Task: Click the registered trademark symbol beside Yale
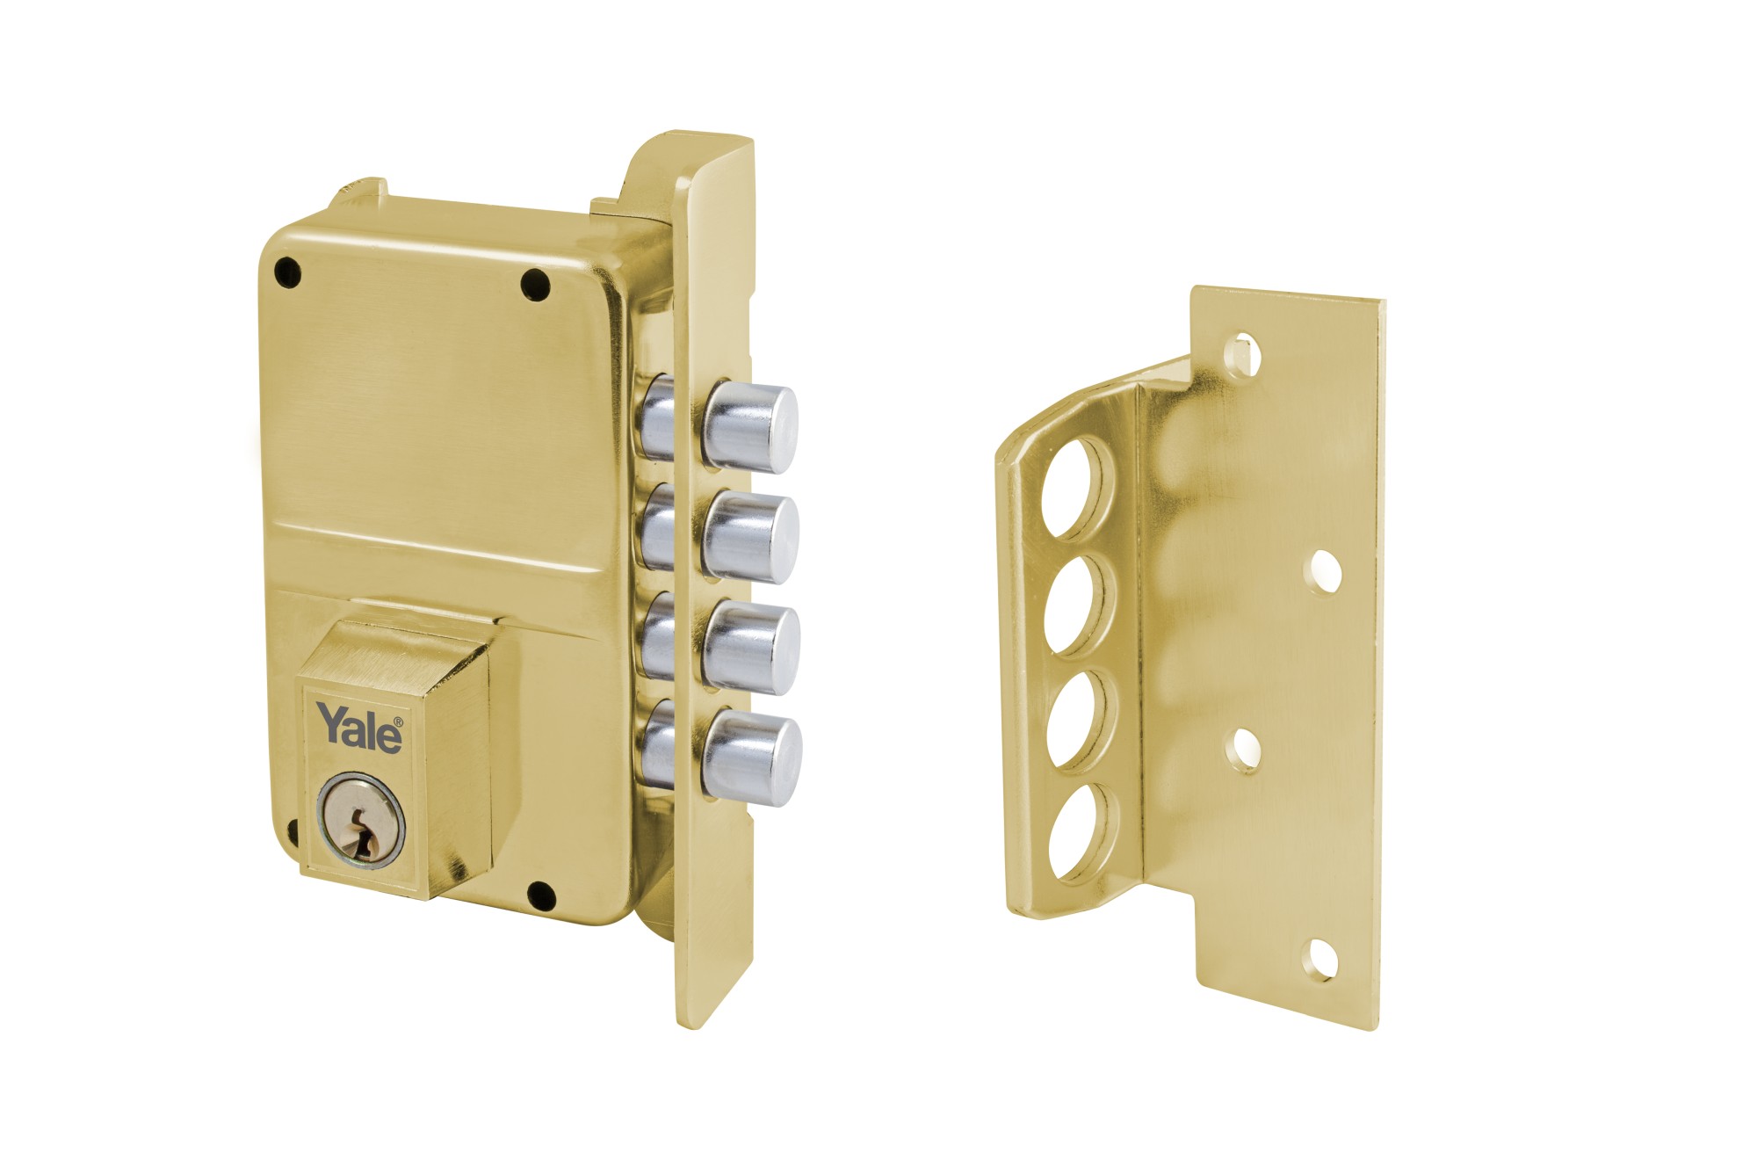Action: (x=398, y=722)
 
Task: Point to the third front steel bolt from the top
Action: (x=752, y=648)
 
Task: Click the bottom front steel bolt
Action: (x=754, y=758)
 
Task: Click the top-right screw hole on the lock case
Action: (x=535, y=284)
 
